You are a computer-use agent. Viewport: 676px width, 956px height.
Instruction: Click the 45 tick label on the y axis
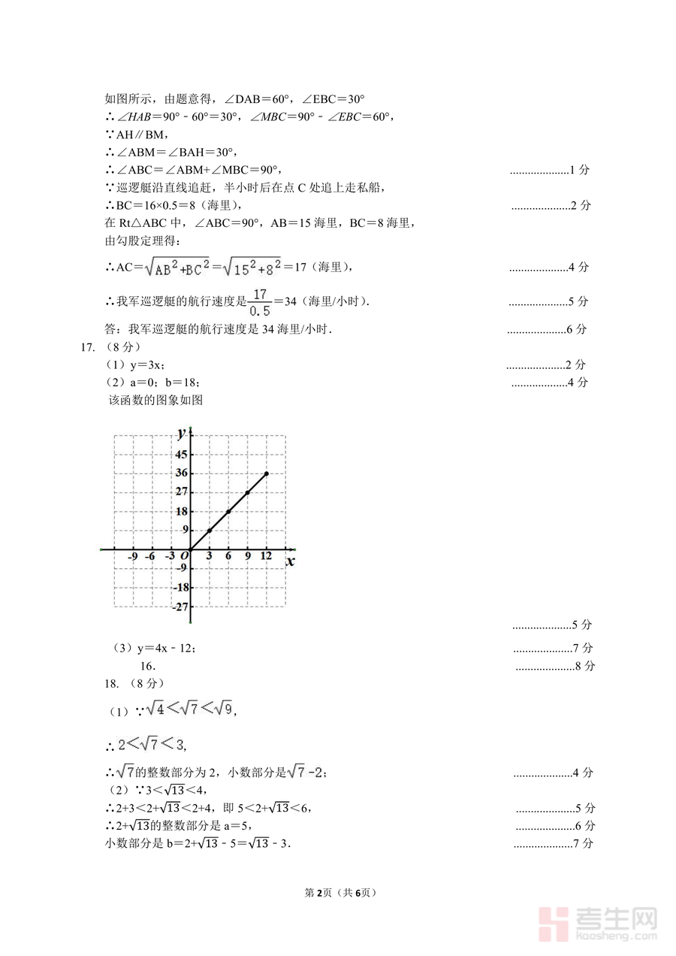point(182,454)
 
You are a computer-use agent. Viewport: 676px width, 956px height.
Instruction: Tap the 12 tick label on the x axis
point(266,555)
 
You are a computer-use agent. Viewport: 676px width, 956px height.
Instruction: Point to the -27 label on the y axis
point(180,607)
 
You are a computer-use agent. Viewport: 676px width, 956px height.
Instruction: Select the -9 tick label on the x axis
point(132,556)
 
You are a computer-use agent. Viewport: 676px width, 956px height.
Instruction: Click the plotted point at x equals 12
point(267,473)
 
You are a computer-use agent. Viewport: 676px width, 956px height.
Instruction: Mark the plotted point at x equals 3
point(210,531)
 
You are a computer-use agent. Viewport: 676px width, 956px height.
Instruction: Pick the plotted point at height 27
point(247,493)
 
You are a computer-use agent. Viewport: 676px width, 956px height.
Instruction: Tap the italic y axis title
point(181,432)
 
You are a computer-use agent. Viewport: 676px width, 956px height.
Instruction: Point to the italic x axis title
point(290,561)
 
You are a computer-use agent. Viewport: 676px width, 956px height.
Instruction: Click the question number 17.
point(86,347)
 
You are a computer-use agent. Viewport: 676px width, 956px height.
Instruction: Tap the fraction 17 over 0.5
point(261,301)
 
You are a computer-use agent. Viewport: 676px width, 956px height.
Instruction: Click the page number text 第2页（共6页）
point(340,893)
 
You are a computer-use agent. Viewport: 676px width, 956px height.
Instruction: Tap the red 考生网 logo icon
point(554,923)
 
